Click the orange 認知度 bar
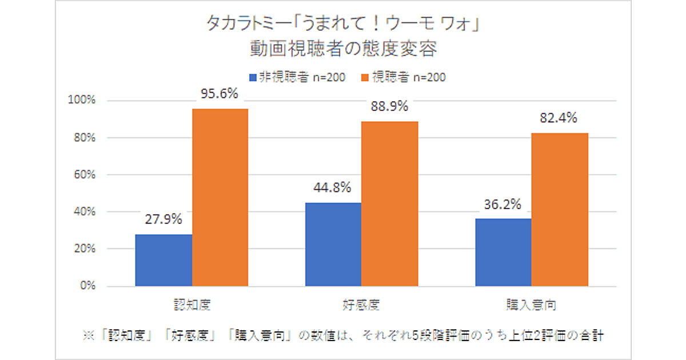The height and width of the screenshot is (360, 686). (x=220, y=197)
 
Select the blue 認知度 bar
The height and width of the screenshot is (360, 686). (x=163, y=260)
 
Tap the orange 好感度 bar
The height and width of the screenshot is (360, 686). (x=390, y=203)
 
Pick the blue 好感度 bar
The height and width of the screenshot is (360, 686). (x=333, y=244)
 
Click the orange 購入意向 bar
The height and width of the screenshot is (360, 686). (x=560, y=209)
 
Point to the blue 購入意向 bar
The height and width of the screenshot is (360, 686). (x=503, y=252)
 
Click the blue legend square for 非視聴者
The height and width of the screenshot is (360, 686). (x=252, y=78)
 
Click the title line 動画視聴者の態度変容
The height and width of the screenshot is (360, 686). (x=343, y=50)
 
